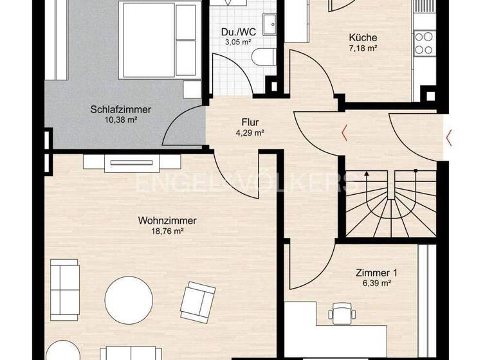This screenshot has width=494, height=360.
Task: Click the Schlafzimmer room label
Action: pyautogui.click(x=121, y=109)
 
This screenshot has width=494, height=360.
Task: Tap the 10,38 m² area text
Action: pyautogui.click(x=121, y=120)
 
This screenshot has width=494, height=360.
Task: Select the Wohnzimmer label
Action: pyautogui.click(x=167, y=221)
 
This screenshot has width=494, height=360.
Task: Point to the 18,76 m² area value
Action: pyautogui.click(x=167, y=231)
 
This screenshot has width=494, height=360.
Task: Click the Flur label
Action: pyautogui.click(x=250, y=122)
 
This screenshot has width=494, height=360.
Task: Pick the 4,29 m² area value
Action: pyautogui.click(x=250, y=133)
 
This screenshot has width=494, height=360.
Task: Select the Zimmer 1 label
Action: pyautogui.click(x=374, y=273)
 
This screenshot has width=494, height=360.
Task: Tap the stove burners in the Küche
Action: pyautogui.click(x=423, y=43)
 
